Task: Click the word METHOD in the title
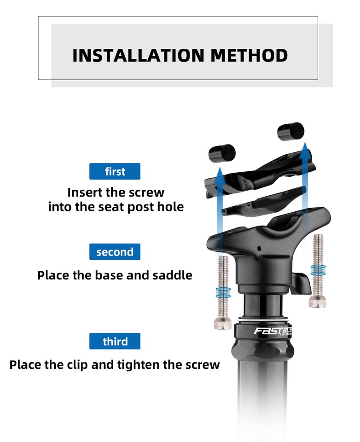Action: click(249, 55)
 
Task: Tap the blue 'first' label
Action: click(115, 172)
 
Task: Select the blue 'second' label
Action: click(115, 252)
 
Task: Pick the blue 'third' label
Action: click(115, 341)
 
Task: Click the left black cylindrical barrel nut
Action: click(222, 153)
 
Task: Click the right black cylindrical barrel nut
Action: click(290, 131)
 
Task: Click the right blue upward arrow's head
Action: click(303, 150)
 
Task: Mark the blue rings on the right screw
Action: click(318, 270)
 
